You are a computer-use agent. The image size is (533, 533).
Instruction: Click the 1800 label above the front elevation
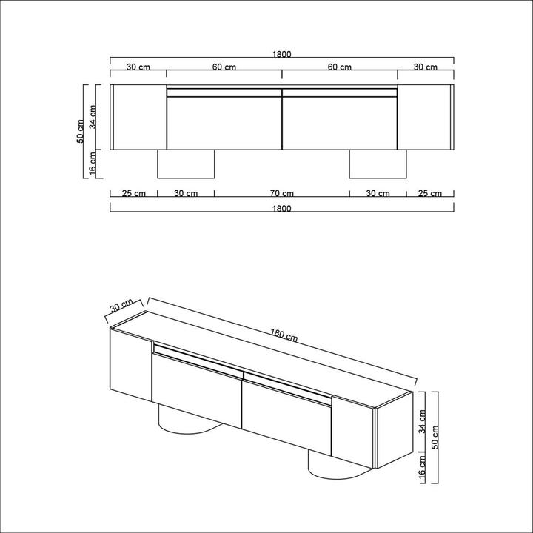[x=281, y=54]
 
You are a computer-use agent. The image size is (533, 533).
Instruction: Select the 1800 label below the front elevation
[x=281, y=209]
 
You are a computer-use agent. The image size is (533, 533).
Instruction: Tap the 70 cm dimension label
[x=282, y=194]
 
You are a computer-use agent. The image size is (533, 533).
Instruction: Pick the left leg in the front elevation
[x=187, y=164]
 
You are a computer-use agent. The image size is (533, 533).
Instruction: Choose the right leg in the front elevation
[x=378, y=164]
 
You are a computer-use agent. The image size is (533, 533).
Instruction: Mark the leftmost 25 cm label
[x=134, y=194]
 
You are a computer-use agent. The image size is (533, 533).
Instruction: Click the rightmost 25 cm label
[x=429, y=194]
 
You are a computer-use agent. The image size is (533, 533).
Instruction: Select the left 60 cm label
[x=224, y=67]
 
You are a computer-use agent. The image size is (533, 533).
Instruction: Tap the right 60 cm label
[x=339, y=67]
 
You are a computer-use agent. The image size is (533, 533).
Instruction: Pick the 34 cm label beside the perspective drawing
[x=423, y=423]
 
